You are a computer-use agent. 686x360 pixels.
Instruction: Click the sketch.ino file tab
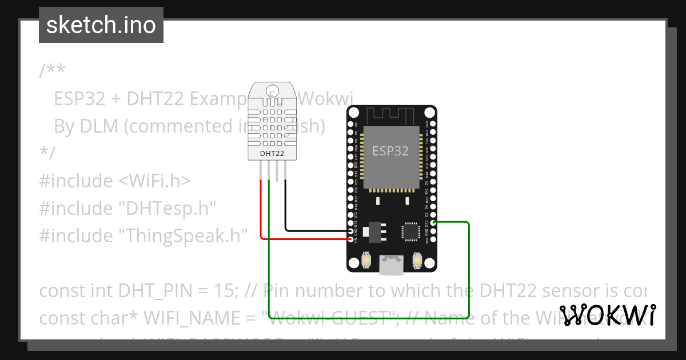click(101, 25)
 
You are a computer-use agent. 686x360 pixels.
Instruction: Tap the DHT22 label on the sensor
click(273, 153)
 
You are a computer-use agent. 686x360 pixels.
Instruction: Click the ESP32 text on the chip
click(390, 151)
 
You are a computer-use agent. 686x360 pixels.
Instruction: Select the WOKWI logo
click(608, 315)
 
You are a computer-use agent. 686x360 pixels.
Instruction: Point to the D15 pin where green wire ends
click(433, 222)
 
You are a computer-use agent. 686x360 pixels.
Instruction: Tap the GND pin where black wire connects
click(350, 231)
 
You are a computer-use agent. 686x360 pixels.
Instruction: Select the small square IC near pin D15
click(410, 231)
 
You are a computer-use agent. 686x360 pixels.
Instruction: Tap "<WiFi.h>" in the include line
click(154, 181)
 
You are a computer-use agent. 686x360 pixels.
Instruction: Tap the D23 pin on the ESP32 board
click(433, 123)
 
